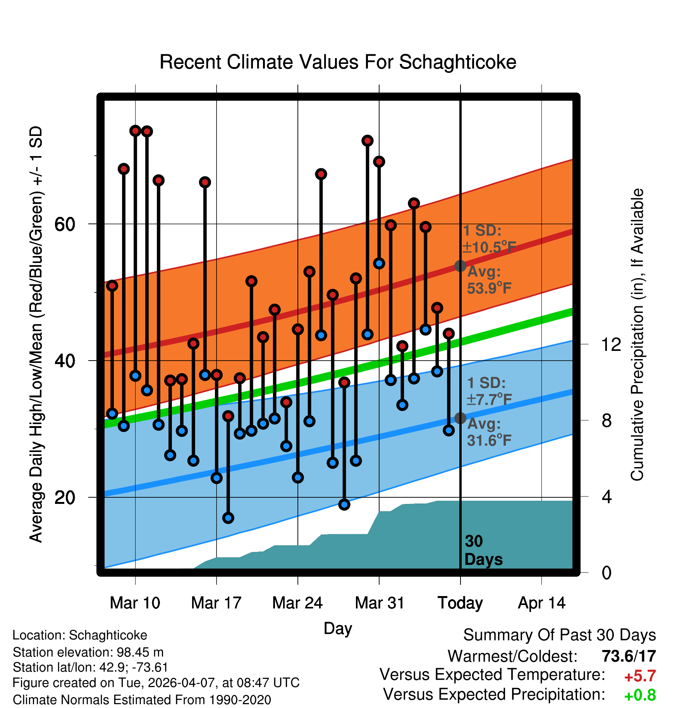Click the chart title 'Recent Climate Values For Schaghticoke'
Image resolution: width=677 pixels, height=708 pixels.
click(338, 62)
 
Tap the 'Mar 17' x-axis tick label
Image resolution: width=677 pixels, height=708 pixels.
click(216, 603)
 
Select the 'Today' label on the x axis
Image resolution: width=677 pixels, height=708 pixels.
click(460, 603)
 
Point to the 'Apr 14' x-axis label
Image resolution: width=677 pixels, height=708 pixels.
click(542, 603)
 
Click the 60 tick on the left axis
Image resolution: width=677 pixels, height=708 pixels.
click(65, 224)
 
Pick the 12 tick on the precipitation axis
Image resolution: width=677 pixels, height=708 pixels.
click(611, 344)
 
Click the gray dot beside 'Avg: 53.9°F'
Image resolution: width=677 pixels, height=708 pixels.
click(460, 266)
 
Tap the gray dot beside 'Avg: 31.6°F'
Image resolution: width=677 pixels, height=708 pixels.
click(460, 418)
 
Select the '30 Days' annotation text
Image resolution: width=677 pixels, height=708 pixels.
click(483, 550)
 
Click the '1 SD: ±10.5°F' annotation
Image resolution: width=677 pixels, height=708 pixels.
click(489, 239)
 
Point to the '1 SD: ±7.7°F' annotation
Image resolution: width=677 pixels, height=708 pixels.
click(489, 391)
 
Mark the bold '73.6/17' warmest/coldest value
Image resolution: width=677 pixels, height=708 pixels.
click(629, 656)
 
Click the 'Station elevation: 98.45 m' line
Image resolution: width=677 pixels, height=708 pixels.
click(88, 653)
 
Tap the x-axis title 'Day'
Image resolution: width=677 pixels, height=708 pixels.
click(338, 628)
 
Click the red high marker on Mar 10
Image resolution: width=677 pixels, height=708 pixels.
click(135, 131)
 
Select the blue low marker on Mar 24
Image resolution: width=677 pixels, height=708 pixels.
click(298, 478)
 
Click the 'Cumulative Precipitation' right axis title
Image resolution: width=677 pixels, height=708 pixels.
click(637, 335)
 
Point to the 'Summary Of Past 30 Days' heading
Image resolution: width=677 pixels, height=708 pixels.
click(560, 636)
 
